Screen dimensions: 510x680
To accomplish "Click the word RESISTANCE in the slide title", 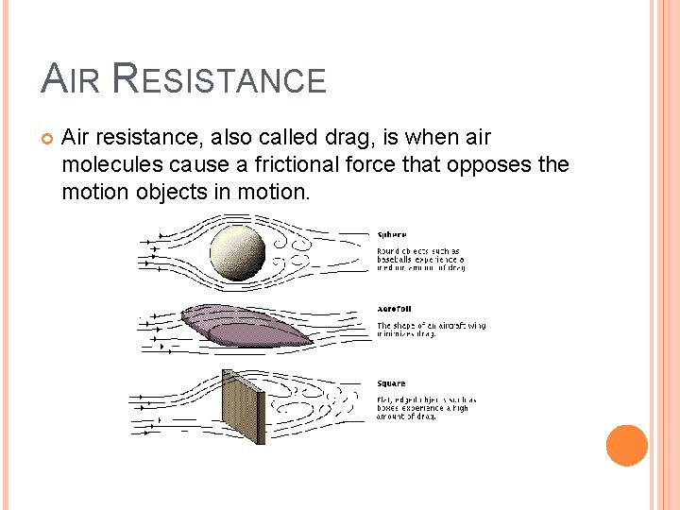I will [x=218, y=79].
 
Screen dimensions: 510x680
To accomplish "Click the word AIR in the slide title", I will [x=72, y=79].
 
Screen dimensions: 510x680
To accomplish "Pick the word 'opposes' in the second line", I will [x=489, y=164].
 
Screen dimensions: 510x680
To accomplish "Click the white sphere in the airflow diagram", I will [x=237, y=251].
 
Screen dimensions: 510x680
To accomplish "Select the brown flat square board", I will [x=242, y=405].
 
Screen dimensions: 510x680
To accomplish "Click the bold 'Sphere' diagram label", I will [x=392, y=234].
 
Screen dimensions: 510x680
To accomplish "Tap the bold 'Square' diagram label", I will [x=391, y=383].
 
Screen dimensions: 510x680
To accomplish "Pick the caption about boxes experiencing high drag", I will [x=426, y=408].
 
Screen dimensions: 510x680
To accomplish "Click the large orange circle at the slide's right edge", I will [x=626, y=445].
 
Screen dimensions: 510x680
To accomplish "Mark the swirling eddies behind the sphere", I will [x=303, y=250].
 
